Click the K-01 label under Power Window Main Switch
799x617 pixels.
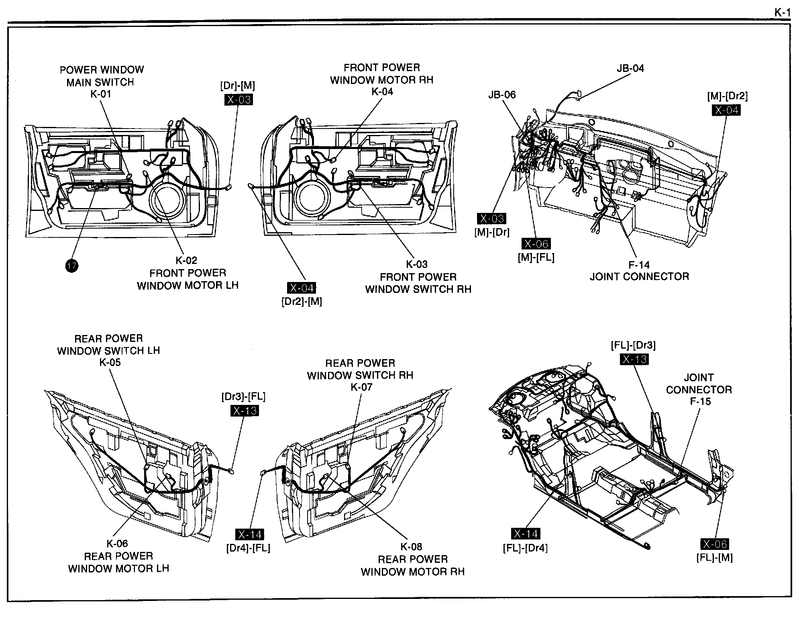(x=101, y=94)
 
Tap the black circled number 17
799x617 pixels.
(x=72, y=266)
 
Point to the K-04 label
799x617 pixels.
(x=382, y=92)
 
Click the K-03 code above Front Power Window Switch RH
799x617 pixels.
(x=417, y=264)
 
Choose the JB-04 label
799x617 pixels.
(x=630, y=68)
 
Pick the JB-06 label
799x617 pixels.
(x=502, y=95)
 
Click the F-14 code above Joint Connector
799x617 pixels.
(x=639, y=265)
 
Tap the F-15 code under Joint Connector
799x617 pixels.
(x=701, y=401)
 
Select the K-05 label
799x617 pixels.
(x=110, y=362)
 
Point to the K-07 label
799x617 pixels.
(x=361, y=387)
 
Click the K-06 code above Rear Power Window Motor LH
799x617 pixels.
(x=117, y=544)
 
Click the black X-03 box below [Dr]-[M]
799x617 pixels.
(x=238, y=100)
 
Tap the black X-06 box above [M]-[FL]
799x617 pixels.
(x=536, y=244)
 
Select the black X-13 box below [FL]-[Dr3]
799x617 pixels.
(x=634, y=359)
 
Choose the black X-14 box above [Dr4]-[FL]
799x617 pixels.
(x=250, y=535)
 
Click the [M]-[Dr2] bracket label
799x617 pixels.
(x=728, y=96)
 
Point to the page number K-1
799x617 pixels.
(x=782, y=13)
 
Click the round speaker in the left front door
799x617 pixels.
(x=168, y=198)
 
